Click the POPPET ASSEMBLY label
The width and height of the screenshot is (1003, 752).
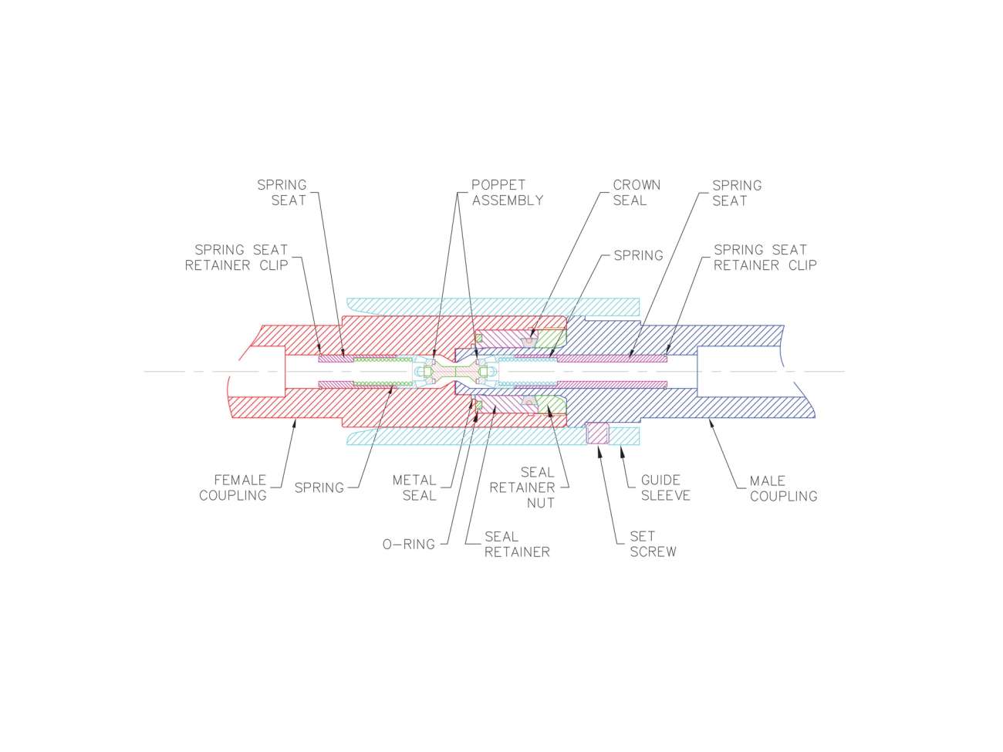507,193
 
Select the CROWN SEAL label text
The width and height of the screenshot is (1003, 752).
636,193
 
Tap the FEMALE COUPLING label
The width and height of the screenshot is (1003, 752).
233,487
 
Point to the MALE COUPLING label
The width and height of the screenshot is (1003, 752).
783,488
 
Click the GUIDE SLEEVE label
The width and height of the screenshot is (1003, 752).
665,487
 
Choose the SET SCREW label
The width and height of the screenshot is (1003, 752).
653,544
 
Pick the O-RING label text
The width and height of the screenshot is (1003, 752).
409,545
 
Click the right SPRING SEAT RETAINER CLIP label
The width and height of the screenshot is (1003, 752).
765,258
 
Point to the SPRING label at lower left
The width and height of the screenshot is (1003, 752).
319,488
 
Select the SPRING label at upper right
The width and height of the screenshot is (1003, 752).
638,255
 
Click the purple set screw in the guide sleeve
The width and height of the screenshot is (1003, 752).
598,433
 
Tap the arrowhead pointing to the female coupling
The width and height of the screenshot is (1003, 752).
294,421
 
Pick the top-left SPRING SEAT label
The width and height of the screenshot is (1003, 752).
282,193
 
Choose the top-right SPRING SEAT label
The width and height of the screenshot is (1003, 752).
736,193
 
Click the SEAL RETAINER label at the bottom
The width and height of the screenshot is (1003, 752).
517,545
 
